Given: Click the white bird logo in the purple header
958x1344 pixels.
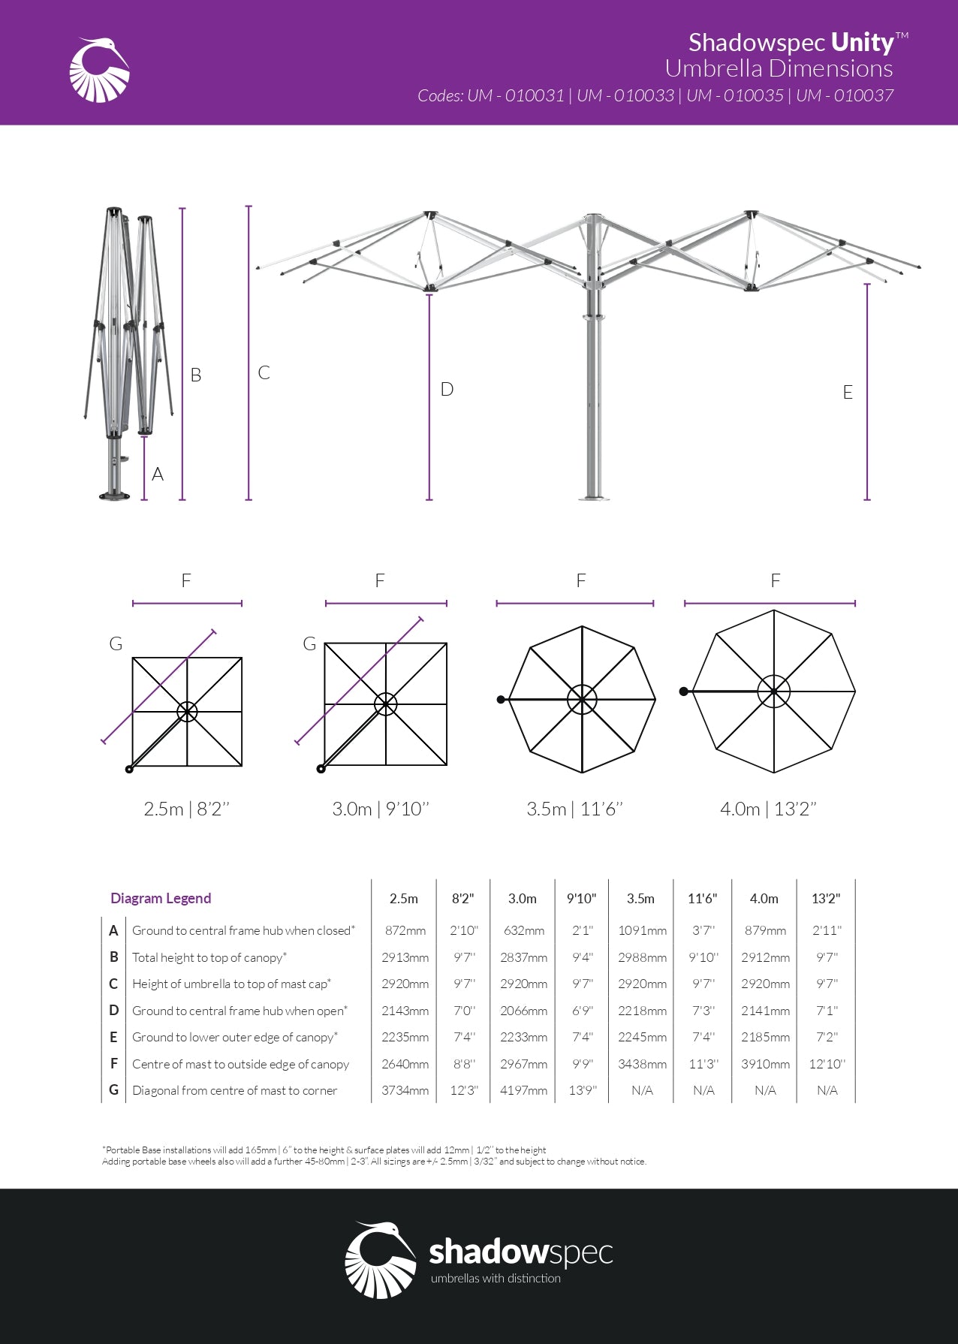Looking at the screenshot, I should pos(99,70).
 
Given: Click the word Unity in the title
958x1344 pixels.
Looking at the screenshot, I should pos(863,43).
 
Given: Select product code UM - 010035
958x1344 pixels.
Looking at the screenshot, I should pos(734,95).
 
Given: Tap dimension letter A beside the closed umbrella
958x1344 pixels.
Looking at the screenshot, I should pos(158,475).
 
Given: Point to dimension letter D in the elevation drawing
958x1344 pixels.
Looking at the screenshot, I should pos(447,390).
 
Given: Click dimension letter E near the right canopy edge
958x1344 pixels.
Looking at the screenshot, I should pos(848,393).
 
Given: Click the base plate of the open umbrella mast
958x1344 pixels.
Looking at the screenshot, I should pos(594,497).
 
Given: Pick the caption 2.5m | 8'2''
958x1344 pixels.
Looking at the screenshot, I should pos(186,809).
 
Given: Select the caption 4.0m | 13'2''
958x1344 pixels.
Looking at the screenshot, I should pos(768,809).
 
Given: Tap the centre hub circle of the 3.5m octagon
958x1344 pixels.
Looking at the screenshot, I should pos(582,700).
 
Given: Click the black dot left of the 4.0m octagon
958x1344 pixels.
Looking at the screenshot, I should pos(683,692).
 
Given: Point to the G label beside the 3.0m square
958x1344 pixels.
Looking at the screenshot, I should pos(309,644).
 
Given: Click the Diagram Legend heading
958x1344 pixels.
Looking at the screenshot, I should pos(161,898).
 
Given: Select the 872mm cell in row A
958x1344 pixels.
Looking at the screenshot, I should pos(405,931).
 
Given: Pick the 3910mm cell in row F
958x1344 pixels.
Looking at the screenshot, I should pos(765,1064).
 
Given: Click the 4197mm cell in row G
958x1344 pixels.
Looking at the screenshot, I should pos(523,1090).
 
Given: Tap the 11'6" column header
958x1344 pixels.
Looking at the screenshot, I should pos(703,899).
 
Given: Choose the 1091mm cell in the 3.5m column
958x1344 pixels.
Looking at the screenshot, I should pos(642,931).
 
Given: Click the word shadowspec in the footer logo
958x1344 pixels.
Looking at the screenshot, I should pos(520,1252).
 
